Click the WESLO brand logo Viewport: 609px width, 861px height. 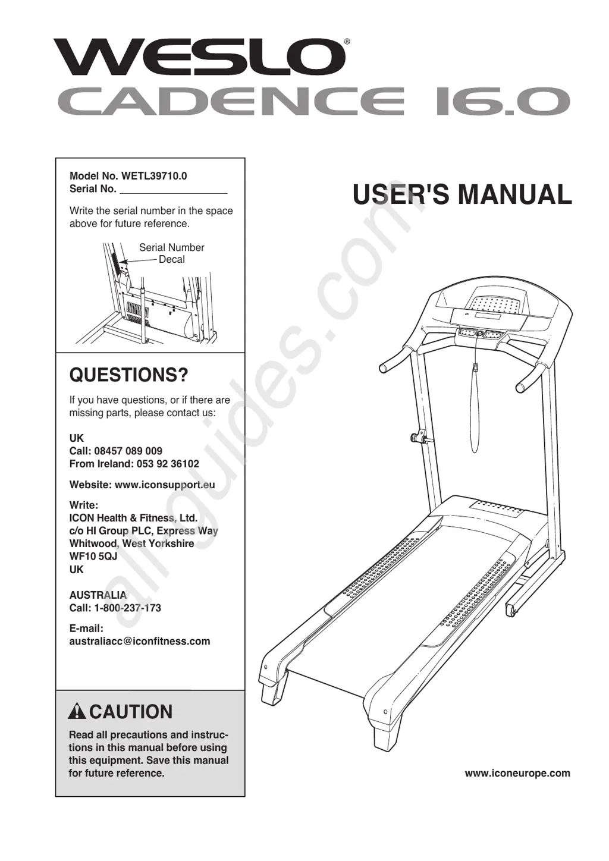pos(200,57)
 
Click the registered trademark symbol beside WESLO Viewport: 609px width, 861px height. pos(347,42)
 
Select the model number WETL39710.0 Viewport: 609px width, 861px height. pos(154,176)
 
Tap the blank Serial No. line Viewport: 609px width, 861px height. pos(173,189)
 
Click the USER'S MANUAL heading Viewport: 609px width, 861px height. pos(462,195)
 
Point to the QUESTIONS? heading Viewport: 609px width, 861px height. pos(128,375)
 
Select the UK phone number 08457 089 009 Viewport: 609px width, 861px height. pos(128,451)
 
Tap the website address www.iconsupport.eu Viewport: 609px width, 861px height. pos(165,485)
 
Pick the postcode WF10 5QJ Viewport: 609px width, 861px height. pos(93,557)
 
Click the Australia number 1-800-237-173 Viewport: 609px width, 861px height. pos(127,608)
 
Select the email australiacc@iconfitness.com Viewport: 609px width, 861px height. pos(140,641)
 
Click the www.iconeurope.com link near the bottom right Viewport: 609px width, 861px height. pos(517,773)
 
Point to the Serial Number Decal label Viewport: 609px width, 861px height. pos(171,253)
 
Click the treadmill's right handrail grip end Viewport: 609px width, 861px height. pos(521,388)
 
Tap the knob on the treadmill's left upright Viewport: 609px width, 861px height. pos(416,438)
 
